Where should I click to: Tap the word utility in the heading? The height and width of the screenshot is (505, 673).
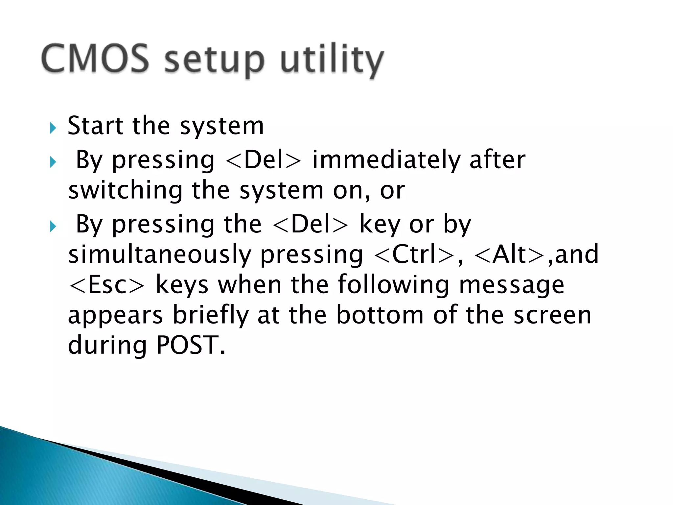click(x=332, y=61)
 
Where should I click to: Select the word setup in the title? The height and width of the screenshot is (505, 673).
click(x=214, y=61)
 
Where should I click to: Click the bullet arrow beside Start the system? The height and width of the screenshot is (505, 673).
click(x=53, y=128)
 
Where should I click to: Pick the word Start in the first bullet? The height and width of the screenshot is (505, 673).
click(x=95, y=126)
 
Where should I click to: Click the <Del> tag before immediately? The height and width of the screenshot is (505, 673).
click(x=263, y=160)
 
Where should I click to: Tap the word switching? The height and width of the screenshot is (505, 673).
click(x=125, y=191)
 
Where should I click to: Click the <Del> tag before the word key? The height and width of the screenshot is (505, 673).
click(x=310, y=225)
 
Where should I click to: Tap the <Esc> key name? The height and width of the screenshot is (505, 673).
click(x=107, y=285)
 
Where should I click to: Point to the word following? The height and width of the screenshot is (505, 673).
click(x=393, y=285)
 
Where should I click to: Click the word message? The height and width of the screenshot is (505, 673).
click(x=511, y=285)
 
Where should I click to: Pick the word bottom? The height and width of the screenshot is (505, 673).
click(x=380, y=315)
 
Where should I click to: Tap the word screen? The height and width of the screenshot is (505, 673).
click(x=552, y=315)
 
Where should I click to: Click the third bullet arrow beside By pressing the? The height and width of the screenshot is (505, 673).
click(x=53, y=227)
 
